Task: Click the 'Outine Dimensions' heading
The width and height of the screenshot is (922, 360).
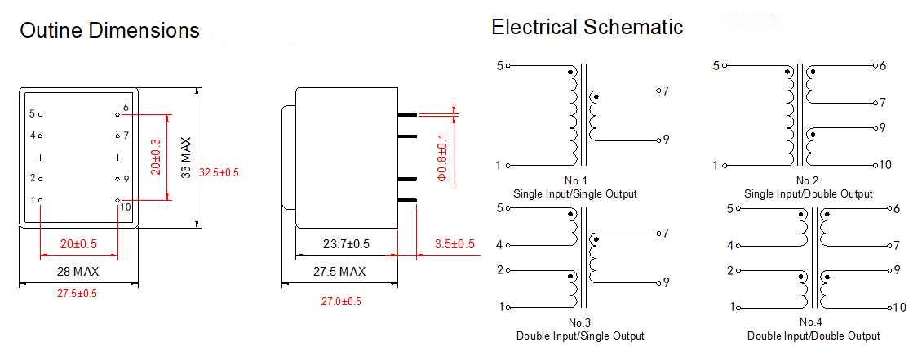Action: pos(109,31)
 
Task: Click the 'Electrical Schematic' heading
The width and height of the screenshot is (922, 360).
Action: pos(587,27)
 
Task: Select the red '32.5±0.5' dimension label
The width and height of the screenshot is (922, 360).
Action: pos(219,172)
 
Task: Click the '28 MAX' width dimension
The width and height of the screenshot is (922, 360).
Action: pos(78,271)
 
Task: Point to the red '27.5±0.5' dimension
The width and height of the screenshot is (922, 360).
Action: pos(78,293)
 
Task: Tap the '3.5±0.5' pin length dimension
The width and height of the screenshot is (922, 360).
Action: pos(454,244)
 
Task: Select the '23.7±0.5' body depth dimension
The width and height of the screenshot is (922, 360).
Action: pos(346,244)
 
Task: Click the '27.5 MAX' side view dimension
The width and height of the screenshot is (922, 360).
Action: pos(339,271)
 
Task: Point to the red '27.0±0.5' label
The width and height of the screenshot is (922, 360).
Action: pos(341,301)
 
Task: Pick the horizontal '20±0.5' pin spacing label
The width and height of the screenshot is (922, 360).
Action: pos(78,244)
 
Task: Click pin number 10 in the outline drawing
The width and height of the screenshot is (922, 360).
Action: pos(125,207)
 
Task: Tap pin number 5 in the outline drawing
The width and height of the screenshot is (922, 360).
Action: pos(33,114)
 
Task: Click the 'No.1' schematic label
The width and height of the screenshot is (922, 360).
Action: pos(574,180)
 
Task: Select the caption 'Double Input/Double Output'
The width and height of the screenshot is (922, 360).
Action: pos(813,336)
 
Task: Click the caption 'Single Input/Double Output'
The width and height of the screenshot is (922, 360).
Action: pos(808,193)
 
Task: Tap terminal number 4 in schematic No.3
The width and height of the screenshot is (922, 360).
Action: pos(499,244)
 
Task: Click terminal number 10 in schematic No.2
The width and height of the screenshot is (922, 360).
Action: pos(886,165)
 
